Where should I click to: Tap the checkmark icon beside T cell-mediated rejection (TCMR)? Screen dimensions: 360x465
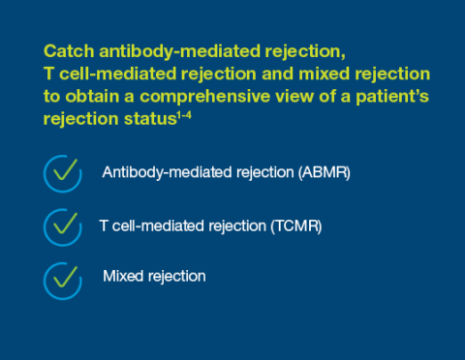coord(63,226)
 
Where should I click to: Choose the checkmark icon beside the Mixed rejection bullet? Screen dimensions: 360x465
coord(63,278)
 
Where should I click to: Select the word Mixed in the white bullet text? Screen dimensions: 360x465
coord(121,277)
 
